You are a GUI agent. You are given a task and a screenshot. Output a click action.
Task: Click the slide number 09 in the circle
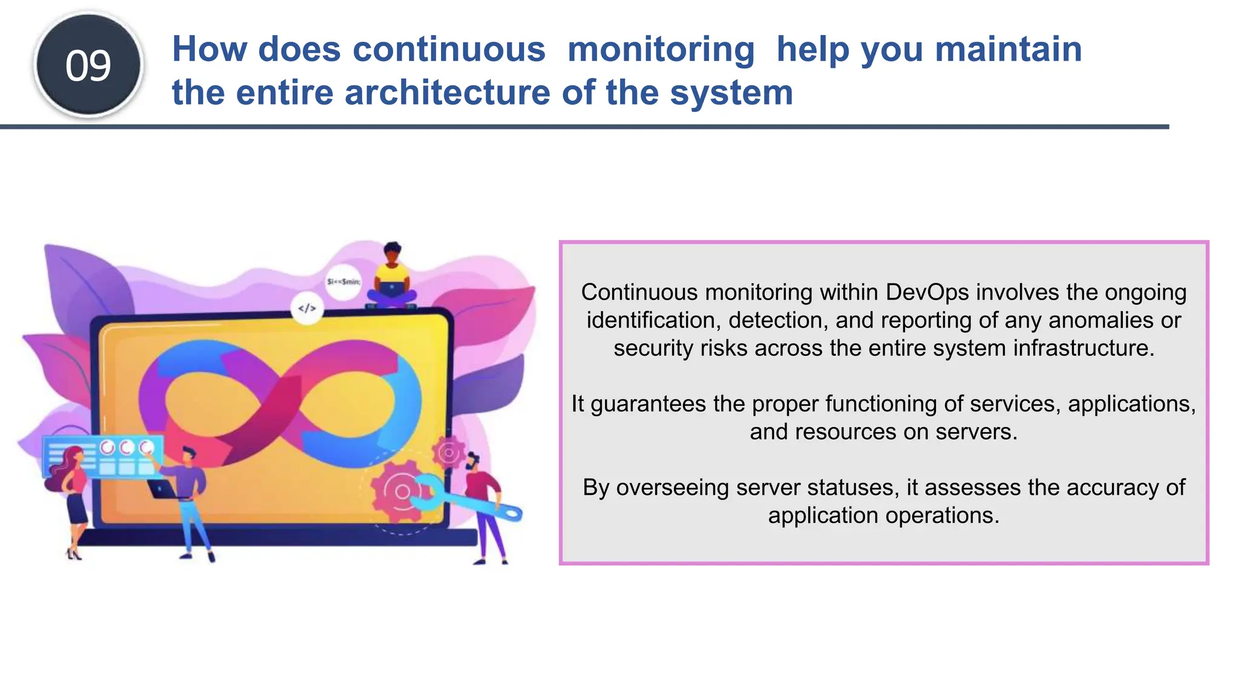tap(88, 65)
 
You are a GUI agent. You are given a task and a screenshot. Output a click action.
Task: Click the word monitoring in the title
tap(661, 49)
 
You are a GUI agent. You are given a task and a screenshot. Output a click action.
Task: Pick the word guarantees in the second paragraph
tap(649, 404)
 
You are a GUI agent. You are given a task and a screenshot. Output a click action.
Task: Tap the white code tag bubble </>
tap(307, 309)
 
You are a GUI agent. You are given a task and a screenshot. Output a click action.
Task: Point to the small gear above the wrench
tap(448, 452)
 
